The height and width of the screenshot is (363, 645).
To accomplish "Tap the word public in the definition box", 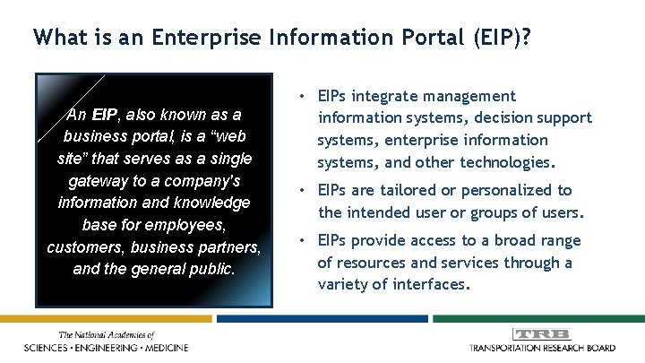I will click(212, 267).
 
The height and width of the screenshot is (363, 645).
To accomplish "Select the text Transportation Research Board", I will click(542, 348).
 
